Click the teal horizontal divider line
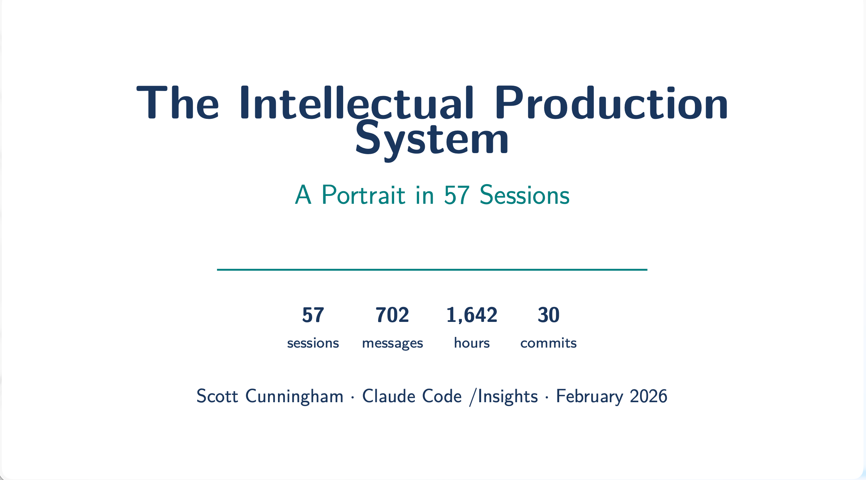coord(432,270)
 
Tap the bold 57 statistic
coord(313,315)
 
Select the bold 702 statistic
coord(392,315)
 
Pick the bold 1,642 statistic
coord(472,315)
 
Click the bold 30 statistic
coord(548,315)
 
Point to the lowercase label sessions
coord(313,343)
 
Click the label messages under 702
coord(392,343)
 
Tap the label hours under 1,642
coord(472,343)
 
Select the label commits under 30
coord(548,343)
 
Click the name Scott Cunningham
coord(270,396)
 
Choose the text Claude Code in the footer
coord(412,396)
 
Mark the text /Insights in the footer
coord(504,396)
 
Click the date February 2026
coord(612,396)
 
